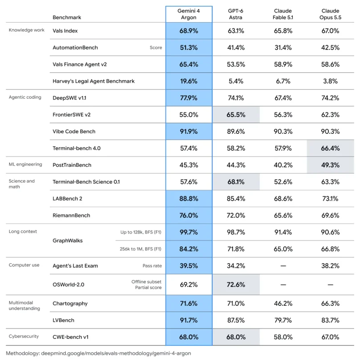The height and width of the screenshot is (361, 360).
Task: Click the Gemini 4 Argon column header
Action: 189,14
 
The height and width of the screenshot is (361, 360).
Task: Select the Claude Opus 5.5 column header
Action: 330,14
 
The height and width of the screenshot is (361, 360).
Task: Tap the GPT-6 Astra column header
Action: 235,14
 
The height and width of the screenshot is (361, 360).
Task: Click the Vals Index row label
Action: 65,31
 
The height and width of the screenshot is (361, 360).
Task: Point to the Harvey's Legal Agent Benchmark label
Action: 93,81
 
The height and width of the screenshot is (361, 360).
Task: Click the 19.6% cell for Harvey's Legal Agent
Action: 189,81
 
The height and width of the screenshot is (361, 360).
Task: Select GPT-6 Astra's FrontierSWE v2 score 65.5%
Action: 236,115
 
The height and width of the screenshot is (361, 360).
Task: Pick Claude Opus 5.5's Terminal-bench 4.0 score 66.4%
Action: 330,148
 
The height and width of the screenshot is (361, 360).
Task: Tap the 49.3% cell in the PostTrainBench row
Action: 330,165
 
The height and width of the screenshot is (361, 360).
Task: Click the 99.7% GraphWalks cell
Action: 189,232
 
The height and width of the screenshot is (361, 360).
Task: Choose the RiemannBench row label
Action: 71,215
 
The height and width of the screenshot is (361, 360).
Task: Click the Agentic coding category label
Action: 25,97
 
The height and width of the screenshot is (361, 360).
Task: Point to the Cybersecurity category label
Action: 24,336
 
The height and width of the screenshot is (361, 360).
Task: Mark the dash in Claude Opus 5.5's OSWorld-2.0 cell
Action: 330,285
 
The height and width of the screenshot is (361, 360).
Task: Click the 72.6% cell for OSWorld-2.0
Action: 236,285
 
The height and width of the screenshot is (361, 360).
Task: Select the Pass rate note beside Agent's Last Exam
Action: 152,266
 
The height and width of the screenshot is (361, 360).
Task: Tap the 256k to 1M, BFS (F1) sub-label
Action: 140,249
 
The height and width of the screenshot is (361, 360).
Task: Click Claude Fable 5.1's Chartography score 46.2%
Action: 283,304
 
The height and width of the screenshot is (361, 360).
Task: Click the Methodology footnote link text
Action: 98,353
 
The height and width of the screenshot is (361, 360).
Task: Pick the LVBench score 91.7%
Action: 189,320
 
